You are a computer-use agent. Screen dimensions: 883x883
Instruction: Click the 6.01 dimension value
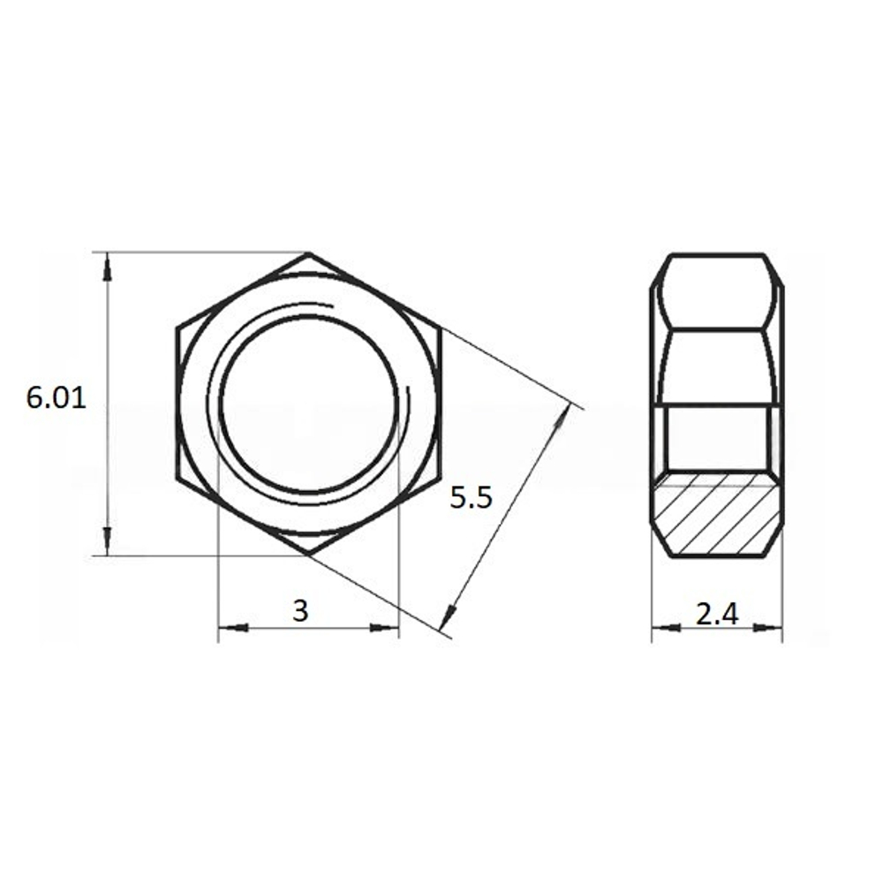click(x=57, y=399)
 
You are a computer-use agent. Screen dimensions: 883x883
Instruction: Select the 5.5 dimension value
click(x=471, y=497)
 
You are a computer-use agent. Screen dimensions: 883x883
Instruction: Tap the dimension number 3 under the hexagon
click(x=301, y=610)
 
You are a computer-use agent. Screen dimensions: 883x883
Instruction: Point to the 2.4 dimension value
click(x=717, y=614)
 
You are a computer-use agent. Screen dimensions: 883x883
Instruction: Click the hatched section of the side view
click(x=717, y=514)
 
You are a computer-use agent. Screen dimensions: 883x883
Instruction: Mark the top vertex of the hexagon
click(x=308, y=253)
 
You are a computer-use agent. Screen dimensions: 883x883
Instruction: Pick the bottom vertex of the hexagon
click(x=308, y=555)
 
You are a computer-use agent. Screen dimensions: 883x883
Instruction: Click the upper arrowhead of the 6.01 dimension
click(x=108, y=266)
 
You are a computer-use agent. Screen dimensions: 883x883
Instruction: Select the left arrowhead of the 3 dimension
click(x=233, y=627)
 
